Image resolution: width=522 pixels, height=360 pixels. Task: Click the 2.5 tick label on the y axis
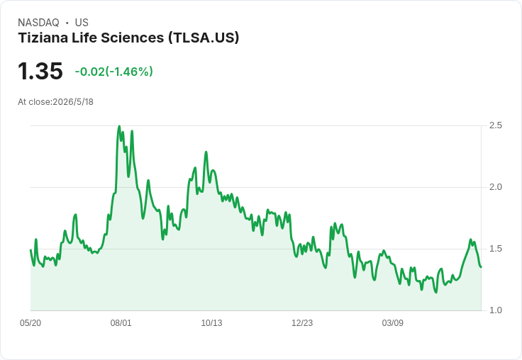(495, 125)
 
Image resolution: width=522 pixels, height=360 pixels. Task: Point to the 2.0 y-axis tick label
(495, 187)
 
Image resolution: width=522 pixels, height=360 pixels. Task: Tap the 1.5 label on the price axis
(495, 249)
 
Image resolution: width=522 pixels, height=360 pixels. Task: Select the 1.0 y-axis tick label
(495, 310)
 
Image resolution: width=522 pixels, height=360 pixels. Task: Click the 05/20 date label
(30, 322)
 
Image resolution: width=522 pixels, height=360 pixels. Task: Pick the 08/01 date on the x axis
(121, 322)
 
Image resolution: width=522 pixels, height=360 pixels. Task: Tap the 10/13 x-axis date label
(211, 322)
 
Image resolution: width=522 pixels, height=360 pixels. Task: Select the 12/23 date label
(302, 322)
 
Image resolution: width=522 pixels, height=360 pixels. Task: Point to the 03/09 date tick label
(392, 322)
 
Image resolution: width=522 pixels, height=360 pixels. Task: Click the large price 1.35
(40, 71)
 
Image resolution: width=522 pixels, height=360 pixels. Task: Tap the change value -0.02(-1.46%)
(114, 72)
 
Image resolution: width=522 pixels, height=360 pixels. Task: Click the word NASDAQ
(38, 23)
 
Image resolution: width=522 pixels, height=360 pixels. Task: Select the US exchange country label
(82, 23)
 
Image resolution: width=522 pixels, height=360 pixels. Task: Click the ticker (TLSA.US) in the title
(204, 38)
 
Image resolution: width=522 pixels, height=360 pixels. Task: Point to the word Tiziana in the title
(43, 38)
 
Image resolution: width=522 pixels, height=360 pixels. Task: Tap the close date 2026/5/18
(73, 102)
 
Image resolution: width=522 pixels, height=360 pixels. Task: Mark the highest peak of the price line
(119, 126)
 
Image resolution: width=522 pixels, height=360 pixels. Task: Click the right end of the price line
(481, 267)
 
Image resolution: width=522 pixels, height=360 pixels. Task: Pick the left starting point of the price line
(30, 250)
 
